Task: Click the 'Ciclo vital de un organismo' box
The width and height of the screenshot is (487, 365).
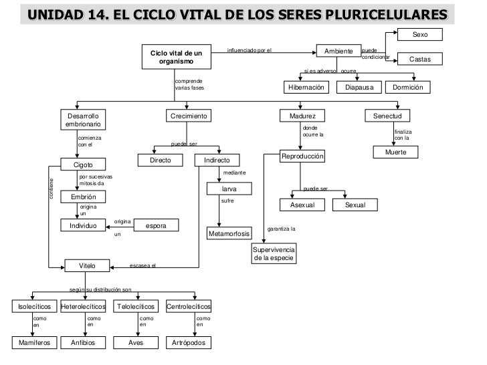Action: point(176,57)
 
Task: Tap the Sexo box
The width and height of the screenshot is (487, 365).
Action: point(420,35)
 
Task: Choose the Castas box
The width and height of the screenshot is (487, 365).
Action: point(420,59)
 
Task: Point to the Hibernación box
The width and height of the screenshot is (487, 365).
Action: point(306,88)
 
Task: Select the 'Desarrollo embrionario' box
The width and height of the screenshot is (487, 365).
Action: point(83,120)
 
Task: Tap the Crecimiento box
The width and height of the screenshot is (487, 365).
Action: point(189,116)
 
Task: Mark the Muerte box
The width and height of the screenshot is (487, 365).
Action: point(395,152)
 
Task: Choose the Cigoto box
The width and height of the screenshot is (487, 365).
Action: point(83,164)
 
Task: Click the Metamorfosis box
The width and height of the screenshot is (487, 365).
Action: point(229,234)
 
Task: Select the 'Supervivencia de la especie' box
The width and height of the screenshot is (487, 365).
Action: point(273,253)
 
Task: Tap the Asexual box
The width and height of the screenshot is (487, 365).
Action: point(301,205)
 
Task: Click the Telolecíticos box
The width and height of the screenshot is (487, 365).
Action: point(136,307)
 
